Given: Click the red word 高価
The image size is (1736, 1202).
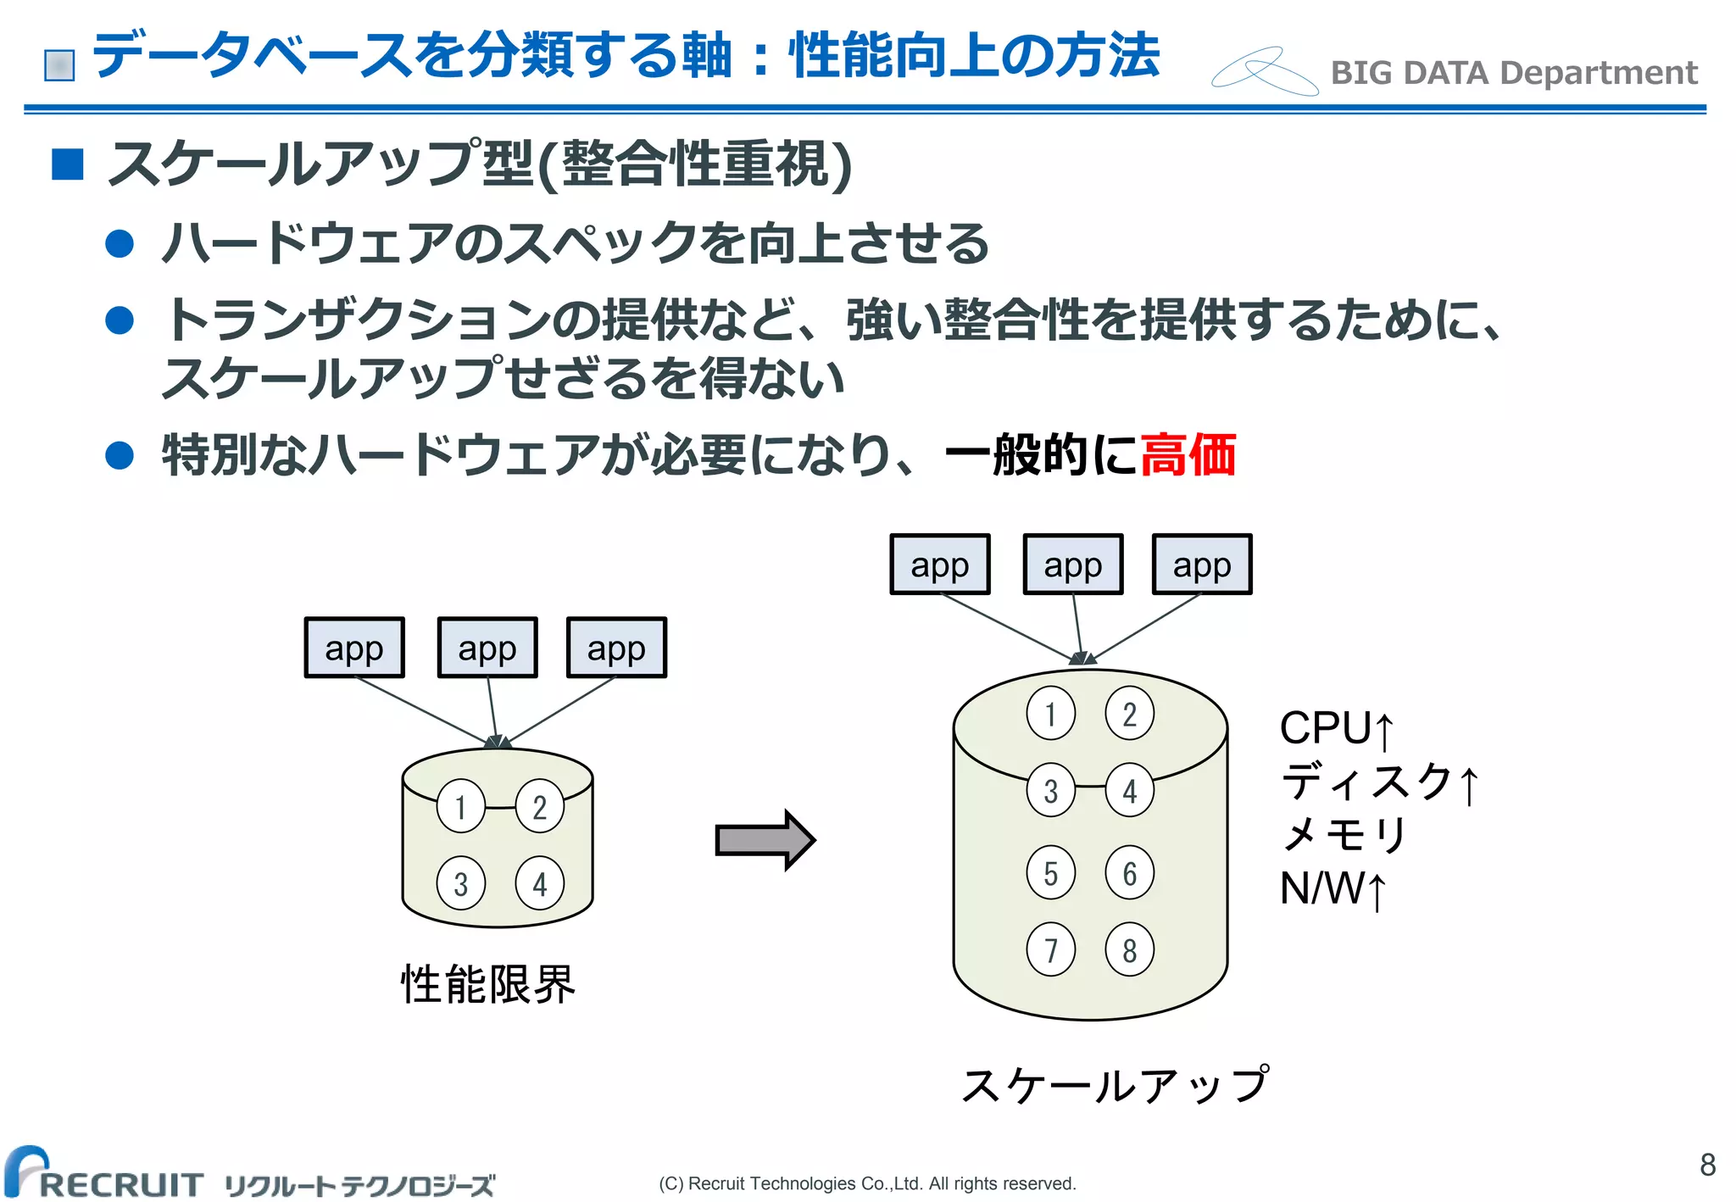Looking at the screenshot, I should [1188, 454].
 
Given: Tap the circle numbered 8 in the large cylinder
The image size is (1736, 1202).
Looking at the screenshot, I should [1129, 949].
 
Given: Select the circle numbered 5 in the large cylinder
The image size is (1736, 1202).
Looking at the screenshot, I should [1050, 872].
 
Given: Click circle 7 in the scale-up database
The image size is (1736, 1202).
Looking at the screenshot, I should [1050, 949].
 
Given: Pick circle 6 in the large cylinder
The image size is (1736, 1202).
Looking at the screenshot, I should [1129, 872].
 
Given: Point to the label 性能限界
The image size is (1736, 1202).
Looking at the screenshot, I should [487, 984].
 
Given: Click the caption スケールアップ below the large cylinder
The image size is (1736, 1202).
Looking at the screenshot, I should [1115, 1086].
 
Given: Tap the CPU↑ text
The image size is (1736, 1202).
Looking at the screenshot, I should [1336, 728].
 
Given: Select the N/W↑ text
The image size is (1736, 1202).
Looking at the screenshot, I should [1333, 889].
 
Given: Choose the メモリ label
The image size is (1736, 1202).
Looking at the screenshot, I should [1344, 835].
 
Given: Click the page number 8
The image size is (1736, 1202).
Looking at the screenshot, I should [1707, 1165].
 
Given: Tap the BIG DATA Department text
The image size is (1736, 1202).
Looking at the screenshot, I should [1513, 73].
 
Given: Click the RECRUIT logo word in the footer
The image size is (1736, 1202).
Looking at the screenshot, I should [120, 1183].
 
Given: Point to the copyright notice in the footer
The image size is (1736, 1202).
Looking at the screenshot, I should [867, 1183].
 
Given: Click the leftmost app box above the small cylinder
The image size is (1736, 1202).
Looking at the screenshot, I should [354, 648].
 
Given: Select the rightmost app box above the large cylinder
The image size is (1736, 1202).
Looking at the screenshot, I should [1202, 565].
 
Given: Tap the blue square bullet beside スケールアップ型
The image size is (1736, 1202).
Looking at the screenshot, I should [68, 164].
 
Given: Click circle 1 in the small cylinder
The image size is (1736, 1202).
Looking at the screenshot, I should [460, 806].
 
